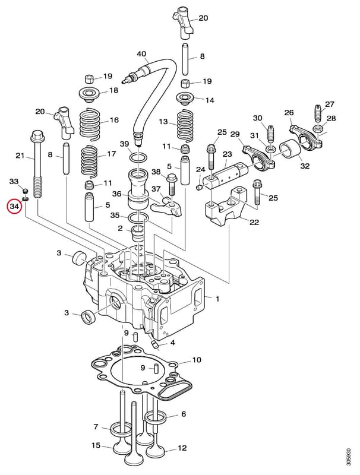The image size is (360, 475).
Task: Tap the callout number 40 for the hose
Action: pos(141,54)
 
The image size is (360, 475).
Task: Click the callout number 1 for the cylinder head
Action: pos(217,299)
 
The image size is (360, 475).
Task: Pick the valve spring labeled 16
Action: pos(91,123)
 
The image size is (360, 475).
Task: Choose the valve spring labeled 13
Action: pos(185,127)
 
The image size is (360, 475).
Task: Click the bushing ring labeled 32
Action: pos(289,148)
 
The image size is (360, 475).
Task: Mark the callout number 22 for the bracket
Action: pos(254,222)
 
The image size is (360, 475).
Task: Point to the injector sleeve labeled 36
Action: pos(138,189)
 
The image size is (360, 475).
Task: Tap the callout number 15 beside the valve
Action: pos(96,445)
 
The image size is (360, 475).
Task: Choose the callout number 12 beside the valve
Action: pos(182,448)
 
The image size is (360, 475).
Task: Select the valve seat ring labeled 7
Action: pos(120,429)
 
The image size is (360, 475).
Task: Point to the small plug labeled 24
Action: pos(199,188)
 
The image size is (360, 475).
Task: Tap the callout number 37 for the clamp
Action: pos(156,189)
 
